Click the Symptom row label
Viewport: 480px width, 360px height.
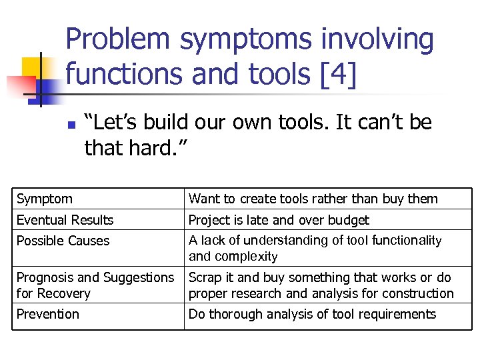coord(45,199)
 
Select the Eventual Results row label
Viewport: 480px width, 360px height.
coord(65,220)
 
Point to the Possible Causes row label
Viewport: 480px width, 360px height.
coord(63,241)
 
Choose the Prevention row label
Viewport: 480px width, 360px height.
coord(47,314)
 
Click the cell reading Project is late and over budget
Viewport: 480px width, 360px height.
coord(279,220)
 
